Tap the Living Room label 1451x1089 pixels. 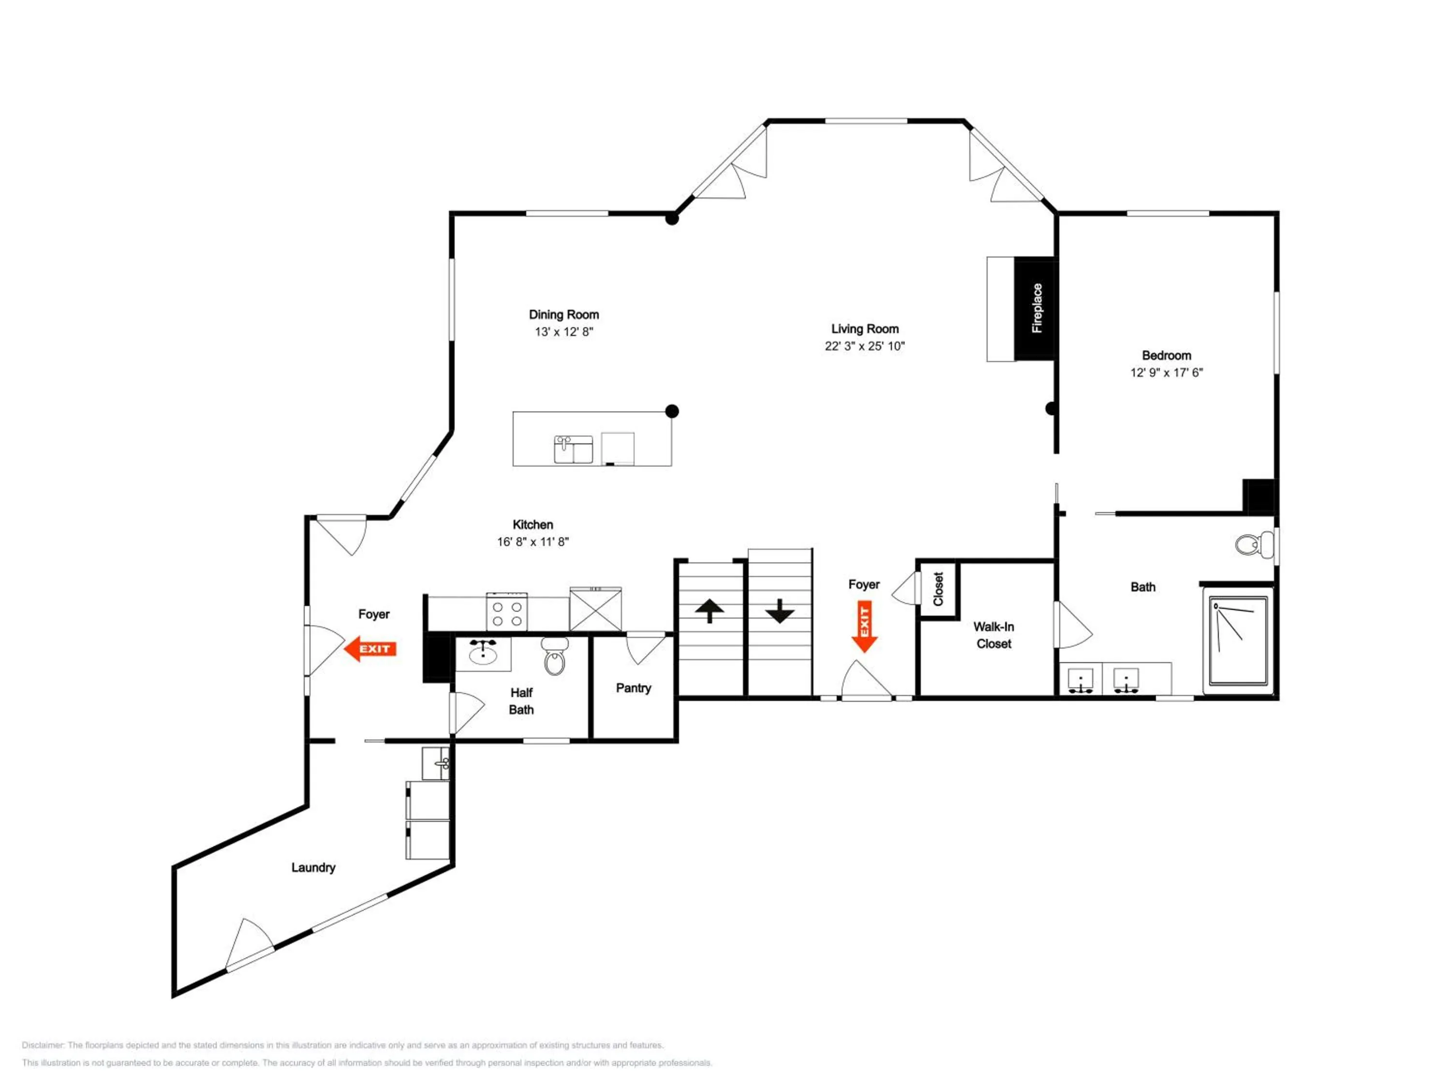[865, 329]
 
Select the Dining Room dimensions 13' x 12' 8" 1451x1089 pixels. [563, 332]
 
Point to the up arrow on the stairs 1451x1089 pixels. [709, 610]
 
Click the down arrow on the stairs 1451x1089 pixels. [779, 610]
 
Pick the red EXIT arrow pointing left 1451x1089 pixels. [370, 649]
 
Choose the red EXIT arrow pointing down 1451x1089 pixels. [865, 626]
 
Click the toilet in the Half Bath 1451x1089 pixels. [555, 655]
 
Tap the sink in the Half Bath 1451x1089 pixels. [484, 653]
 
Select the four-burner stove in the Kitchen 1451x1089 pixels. [507, 612]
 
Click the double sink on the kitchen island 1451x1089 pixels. [573, 450]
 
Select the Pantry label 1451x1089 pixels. [633, 688]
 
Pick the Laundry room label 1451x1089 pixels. [313, 868]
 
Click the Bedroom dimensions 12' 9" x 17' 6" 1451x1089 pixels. [1166, 373]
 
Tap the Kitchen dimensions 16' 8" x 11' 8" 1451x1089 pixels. [533, 542]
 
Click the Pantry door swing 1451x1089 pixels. [646, 649]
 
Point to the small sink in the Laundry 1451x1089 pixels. [436, 763]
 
